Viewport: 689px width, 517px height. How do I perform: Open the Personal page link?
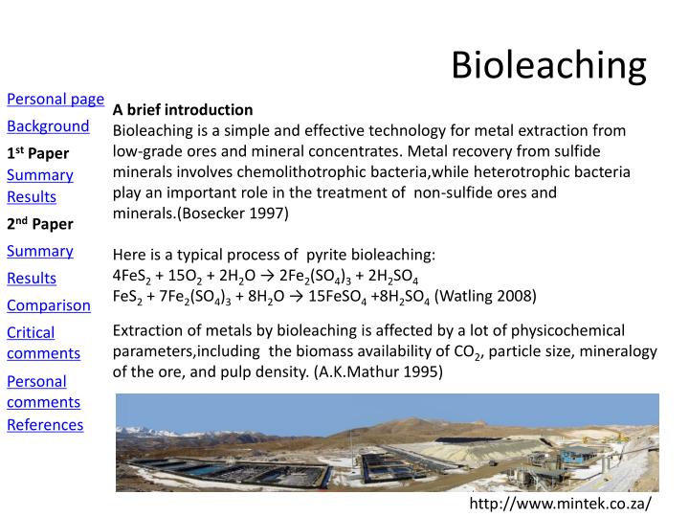tap(56, 99)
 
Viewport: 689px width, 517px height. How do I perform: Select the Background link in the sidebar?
tap(48, 126)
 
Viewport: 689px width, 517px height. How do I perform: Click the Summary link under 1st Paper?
tap(40, 175)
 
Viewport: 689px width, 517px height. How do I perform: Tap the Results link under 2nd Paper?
tap(32, 279)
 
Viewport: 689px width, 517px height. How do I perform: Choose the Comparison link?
tap(49, 305)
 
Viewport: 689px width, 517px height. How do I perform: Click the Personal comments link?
tap(43, 392)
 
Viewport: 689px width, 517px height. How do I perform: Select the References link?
tap(45, 424)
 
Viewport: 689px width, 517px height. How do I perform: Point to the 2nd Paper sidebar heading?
tap(40, 224)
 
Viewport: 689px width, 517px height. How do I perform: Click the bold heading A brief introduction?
tap(183, 109)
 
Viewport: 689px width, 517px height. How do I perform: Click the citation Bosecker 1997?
tap(232, 213)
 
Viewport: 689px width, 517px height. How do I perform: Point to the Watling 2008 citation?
tap(485, 295)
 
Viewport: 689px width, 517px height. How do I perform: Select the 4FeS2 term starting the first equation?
tap(133, 276)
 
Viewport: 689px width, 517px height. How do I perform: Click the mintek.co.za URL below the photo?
tap(559, 504)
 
